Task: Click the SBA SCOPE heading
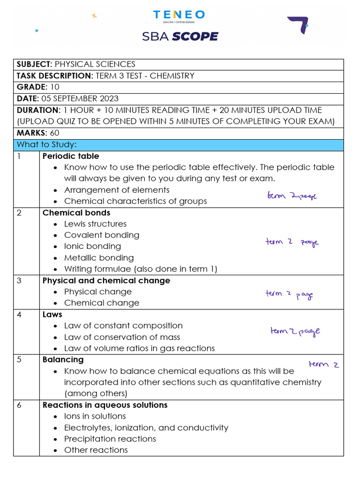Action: point(180,36)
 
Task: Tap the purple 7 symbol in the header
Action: point(298,25)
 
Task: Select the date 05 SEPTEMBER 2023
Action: point(80,98)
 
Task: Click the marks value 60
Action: point(54,133)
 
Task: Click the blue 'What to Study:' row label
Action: point(46,145)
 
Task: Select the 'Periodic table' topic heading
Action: point(71,156)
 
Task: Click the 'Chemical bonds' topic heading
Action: point(76,213)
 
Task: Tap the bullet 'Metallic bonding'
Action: point(99,258)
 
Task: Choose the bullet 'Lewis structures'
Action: point(95,224)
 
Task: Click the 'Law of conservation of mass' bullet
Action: point(122,337)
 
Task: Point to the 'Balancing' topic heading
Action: point(63,360)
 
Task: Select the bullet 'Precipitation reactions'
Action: point(110,439)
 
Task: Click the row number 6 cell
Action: point(19,405)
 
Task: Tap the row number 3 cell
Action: point(19,281)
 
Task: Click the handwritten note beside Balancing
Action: point(323,364)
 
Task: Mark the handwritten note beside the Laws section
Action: point(295,332)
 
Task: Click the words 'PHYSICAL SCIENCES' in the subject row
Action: point(95,64)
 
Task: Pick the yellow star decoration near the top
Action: point(94,15)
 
